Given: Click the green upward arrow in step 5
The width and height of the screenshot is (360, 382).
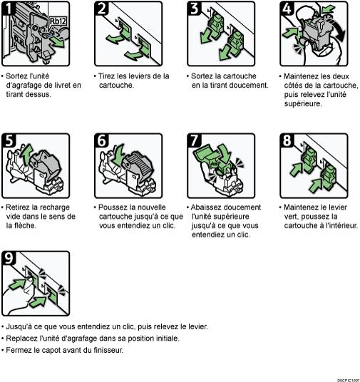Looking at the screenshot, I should click(27, 153).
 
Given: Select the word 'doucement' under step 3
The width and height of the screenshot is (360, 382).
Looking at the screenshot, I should click(247, 85).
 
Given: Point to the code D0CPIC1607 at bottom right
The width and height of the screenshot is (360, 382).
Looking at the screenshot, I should click(345, 378).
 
